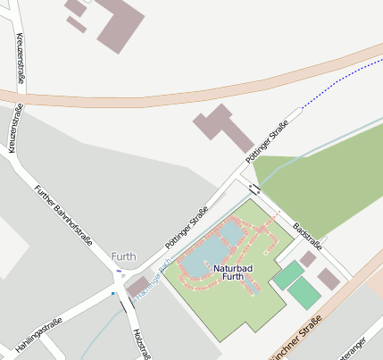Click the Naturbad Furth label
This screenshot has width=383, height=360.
pos(232,272)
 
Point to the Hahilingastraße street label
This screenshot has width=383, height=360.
pos(37,333)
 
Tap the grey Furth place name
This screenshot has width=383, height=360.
pos(124,256)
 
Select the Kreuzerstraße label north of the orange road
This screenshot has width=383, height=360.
pos(21,54)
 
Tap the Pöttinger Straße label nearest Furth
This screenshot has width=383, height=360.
pos(187,227)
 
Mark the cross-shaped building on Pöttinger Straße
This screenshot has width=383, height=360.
pos(224,128)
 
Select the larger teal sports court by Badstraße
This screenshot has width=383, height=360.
pos(304,292)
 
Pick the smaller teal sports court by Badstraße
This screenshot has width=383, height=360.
pos(288,274)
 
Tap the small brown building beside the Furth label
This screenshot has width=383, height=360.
pos(138,287)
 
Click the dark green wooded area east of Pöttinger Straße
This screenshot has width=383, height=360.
pos(321,179)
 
